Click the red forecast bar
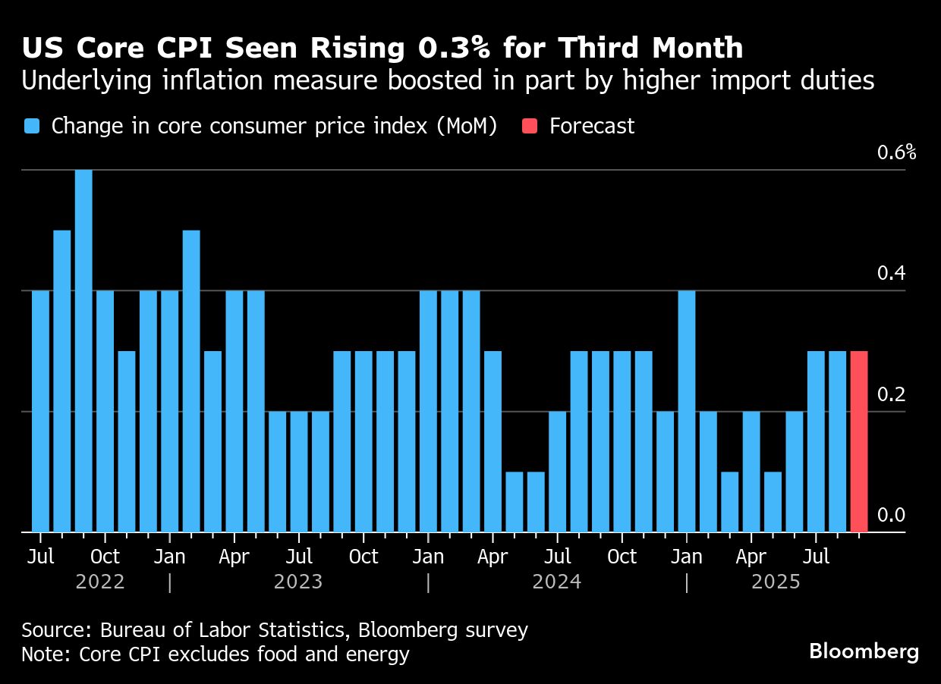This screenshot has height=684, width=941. click(859, 441)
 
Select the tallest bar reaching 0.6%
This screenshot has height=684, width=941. click(83, 350)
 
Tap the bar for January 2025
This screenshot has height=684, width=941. click(687, 411)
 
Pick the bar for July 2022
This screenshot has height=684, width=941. click(40, 411)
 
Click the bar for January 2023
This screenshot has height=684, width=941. click(170, 411)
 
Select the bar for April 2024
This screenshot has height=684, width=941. click(493, 441)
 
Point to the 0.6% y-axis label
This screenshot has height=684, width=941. click(896, 152)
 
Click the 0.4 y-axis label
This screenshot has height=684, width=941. click(891, 274)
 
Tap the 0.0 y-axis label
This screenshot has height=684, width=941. click(891, 516)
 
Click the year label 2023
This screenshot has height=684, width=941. click(298, 582)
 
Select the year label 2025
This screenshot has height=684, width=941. click(776, 582)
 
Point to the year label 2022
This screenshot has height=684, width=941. click(100, 582)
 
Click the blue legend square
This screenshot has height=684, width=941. click(32, 126)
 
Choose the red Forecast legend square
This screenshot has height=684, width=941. click(530, 126)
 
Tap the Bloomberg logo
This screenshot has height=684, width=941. click(864, 651)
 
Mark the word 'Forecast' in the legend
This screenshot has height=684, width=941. click(592, 126)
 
